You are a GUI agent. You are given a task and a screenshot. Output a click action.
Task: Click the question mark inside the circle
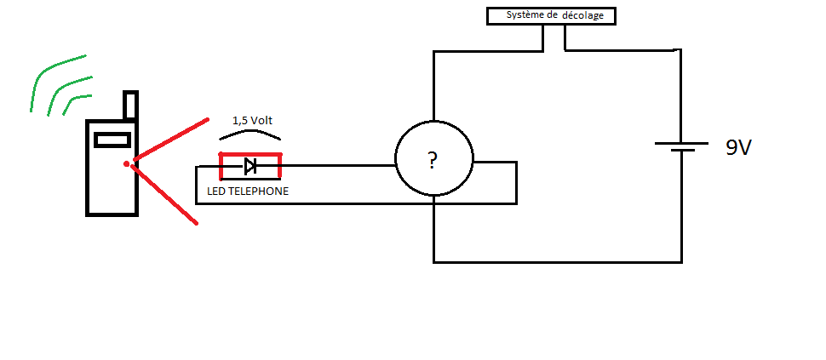point(433,159)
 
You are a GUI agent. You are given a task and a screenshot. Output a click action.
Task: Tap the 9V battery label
point(738,147)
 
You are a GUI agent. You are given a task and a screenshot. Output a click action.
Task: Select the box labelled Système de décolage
point(551,15)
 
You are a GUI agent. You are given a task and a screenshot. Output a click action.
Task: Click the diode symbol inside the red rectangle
point(250,166)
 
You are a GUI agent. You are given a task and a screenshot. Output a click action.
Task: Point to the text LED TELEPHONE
point(248,191)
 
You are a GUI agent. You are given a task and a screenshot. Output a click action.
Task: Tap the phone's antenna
point(130,105)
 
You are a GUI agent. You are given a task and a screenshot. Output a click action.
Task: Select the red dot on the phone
point(126,163)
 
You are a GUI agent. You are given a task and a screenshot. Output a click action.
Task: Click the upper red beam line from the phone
point(170,139)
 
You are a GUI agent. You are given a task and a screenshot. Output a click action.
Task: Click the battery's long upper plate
point(681,143)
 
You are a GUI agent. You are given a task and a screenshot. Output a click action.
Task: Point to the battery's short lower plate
point(681,151)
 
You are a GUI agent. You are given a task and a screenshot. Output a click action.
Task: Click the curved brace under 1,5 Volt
point(250,134)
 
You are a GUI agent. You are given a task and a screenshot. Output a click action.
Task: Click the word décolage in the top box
point(585,15)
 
